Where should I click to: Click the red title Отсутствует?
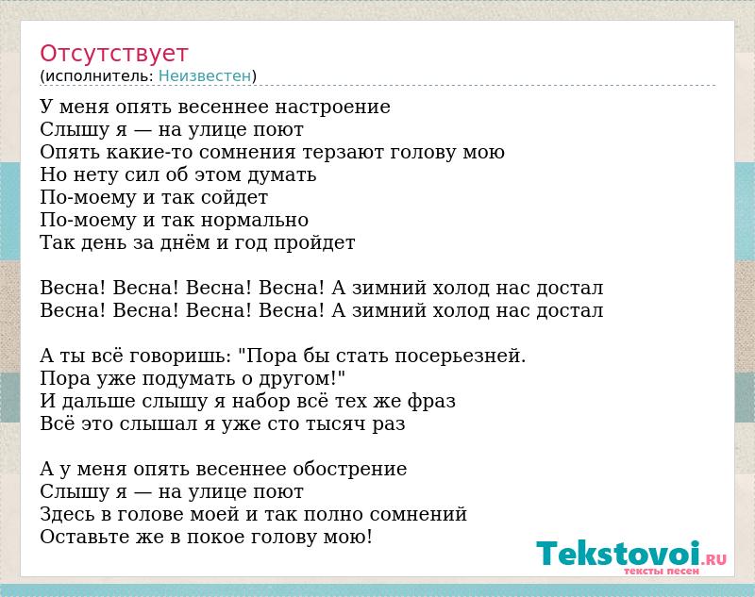coord(113,54)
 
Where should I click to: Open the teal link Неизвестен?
coord(205,76)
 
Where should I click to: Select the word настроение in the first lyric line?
coord(332,107)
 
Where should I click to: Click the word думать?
coord(282,175)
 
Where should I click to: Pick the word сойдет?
coord(234,198)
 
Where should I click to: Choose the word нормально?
coord(255,221)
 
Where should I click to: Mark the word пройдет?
coord(314,243)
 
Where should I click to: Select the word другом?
coord(295,379)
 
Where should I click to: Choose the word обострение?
coord(349,470)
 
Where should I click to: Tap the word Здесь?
coord(67,514)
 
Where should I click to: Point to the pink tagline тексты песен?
coord(662,571)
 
